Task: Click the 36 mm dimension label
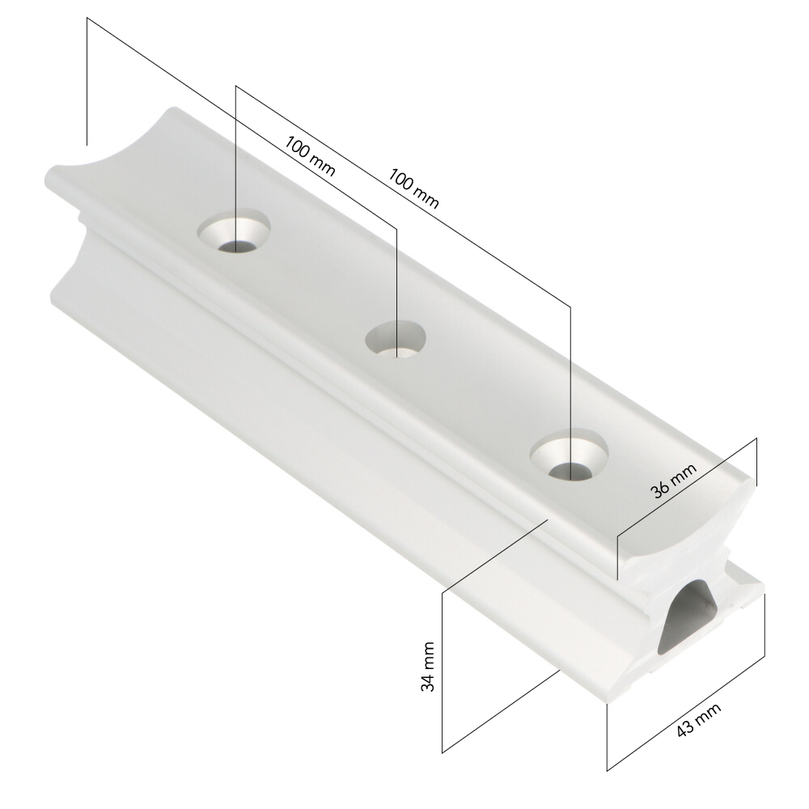pyautogui.click(x=675, y=481)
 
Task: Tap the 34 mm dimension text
pyautogui.click(x=427, y=666)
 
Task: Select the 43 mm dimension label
pyautogui.click(x=699, y=720)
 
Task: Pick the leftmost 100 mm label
pyautogui.click(x=310, y=156)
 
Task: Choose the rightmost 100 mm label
pyautogui.click(x=413, y=188)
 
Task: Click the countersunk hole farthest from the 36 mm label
pyautogui.click(x=235, y=231)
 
